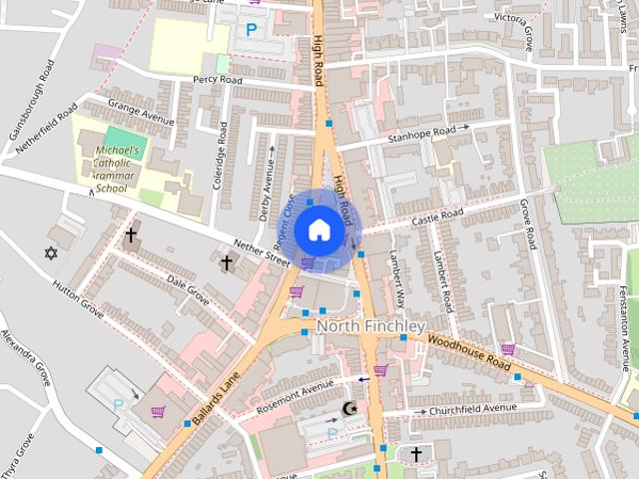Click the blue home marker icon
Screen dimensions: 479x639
tap(319, 230)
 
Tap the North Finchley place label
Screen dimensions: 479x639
tap(370, 326)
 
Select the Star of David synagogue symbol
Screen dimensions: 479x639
tap(51, 252)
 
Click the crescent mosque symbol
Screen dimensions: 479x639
tap(349, 408)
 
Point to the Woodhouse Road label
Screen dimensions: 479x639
tap(469, 353)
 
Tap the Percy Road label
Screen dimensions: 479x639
tap(219, 79)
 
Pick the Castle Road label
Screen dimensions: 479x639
tap(439, 215)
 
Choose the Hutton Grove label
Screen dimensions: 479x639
tap(77, 298)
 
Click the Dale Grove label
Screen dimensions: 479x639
tap(188, 290)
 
